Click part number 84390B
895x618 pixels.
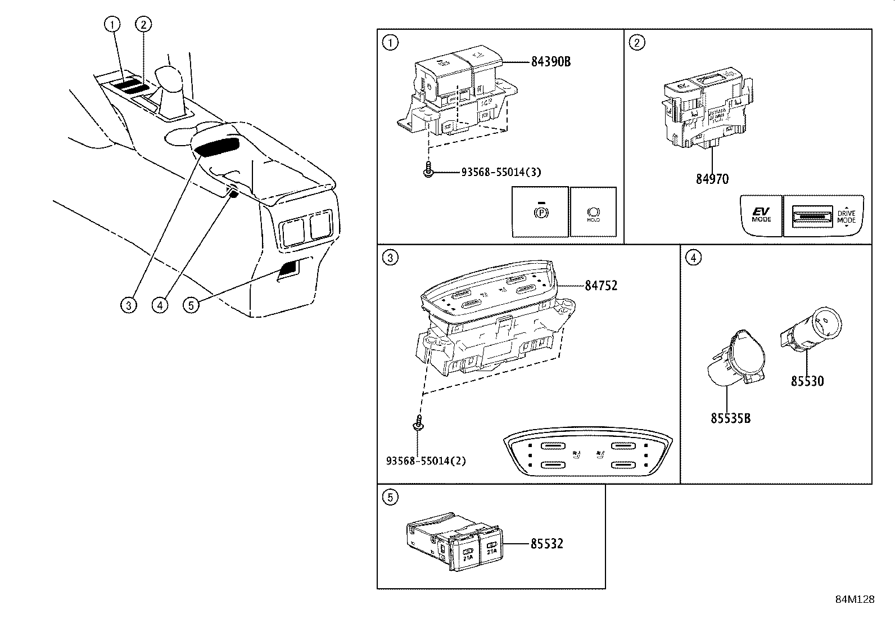pyautogui.click(x=550, y=62)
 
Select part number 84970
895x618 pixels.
pyautogui.click(x=712, y=179)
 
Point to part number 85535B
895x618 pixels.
pyautogui.click(x=730, y=418)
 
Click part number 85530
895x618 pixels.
pyautogui.click(x=807, y=381)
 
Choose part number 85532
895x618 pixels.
pyautogui.click(x=546, y=544)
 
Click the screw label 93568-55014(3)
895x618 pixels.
pyautogui.click(x=501, y=172)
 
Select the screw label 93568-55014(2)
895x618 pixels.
pyautogui.click(x=426, y=461)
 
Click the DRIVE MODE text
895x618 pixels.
pyautogui.click(x=846, y=216)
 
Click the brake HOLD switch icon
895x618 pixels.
pyautogui.click(x=593, y=214)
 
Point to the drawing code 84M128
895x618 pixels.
pyautogui.click(x=855, y=599)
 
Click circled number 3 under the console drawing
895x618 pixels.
pyautogui.click(x=129, y=305)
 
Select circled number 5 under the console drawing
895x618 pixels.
pyautogui.click(x=192, y=305)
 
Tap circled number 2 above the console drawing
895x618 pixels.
pyautogui.click(x=144, y=24)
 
